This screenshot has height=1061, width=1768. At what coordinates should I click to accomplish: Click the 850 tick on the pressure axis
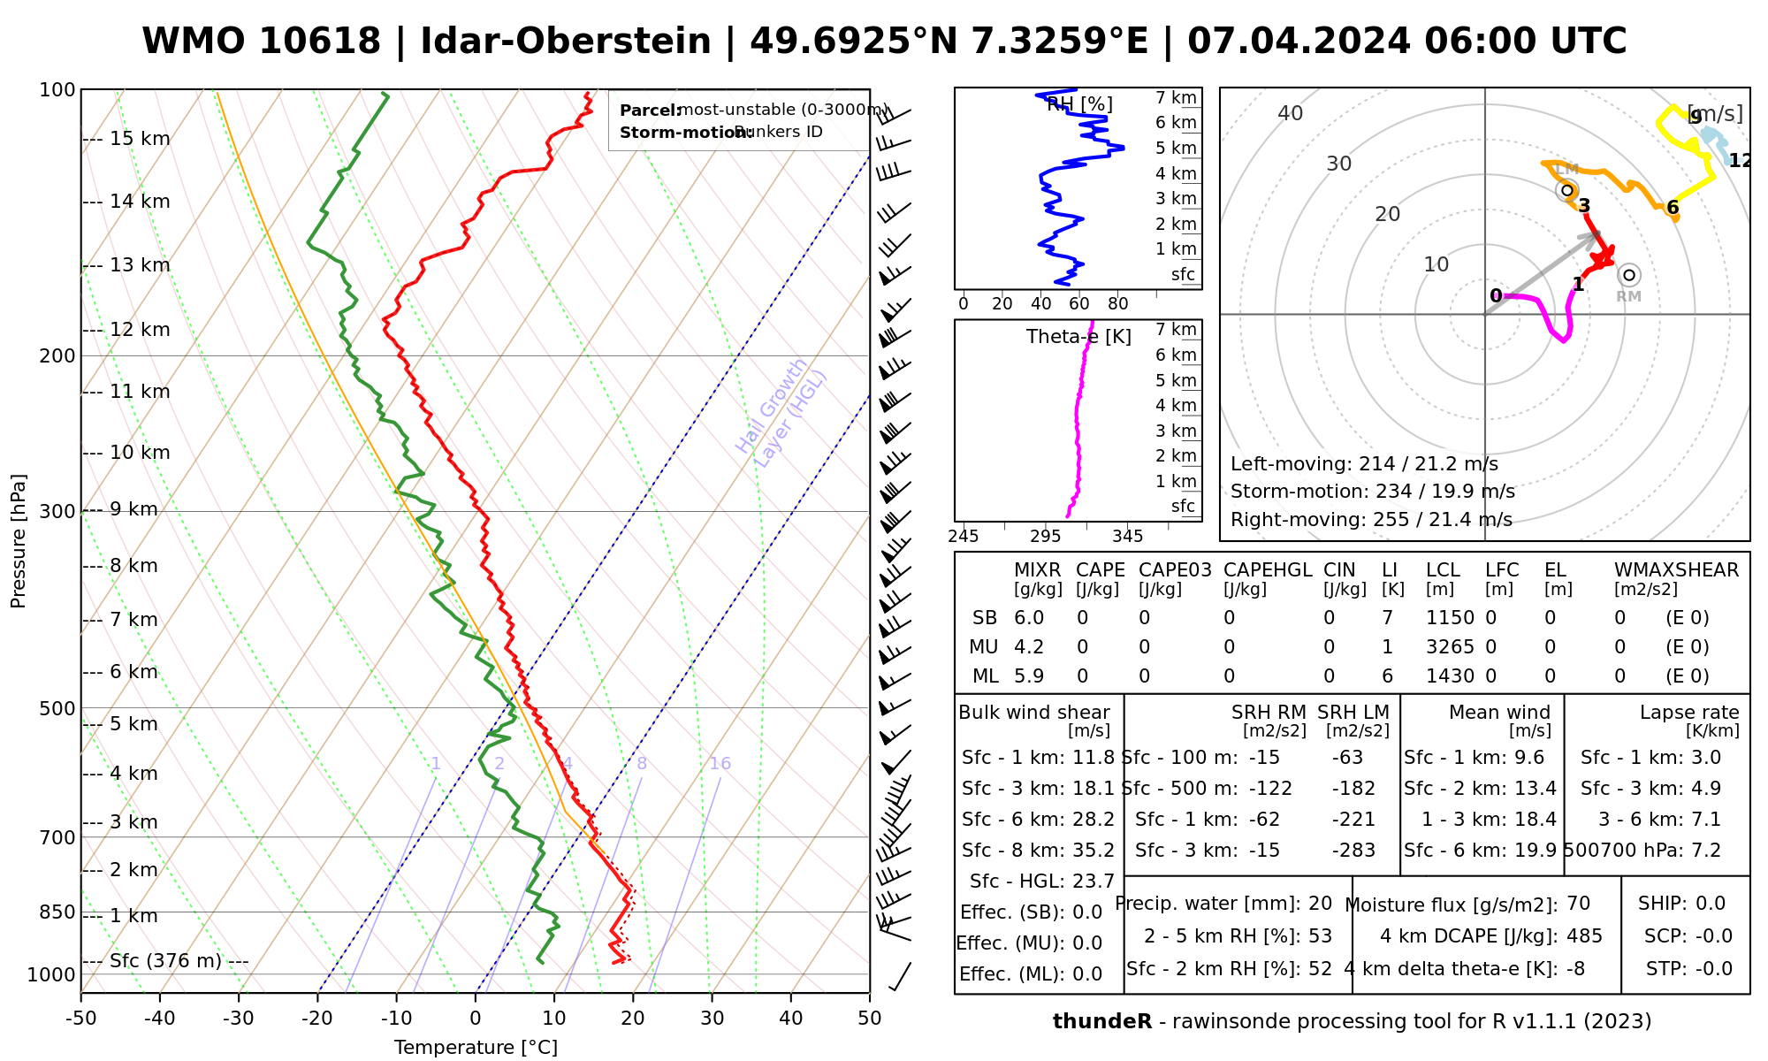[57, 912]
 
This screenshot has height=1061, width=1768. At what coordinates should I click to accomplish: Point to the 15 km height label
[140, 139]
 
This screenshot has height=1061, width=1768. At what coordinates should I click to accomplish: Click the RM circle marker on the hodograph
[1629, 275]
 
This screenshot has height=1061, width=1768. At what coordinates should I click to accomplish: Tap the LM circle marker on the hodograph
[1567, 189]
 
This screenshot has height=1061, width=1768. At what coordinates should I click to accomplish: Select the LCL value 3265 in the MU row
[1450, 647]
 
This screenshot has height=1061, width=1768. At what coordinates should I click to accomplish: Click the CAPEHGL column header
[1267, 570]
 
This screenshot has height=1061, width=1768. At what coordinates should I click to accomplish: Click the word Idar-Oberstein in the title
[566, 42]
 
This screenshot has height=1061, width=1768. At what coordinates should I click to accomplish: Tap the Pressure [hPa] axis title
[19, 541]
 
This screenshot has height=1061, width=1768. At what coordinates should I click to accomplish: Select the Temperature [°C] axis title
[476, 1048]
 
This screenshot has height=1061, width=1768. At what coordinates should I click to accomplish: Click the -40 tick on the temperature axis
[160, 1019]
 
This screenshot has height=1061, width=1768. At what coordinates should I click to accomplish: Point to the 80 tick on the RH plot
[1118, 304]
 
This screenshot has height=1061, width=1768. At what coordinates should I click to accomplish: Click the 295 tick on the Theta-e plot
[1045, 537]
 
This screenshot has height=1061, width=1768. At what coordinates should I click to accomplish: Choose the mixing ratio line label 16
[720, 764]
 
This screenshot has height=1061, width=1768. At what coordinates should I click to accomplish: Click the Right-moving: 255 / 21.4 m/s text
[1371, 520]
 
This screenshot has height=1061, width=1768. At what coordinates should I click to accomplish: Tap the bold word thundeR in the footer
[1101, 1022]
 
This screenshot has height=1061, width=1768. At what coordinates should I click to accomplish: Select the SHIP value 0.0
[1711, 904]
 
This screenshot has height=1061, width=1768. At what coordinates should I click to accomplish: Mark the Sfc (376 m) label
[165, 961]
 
